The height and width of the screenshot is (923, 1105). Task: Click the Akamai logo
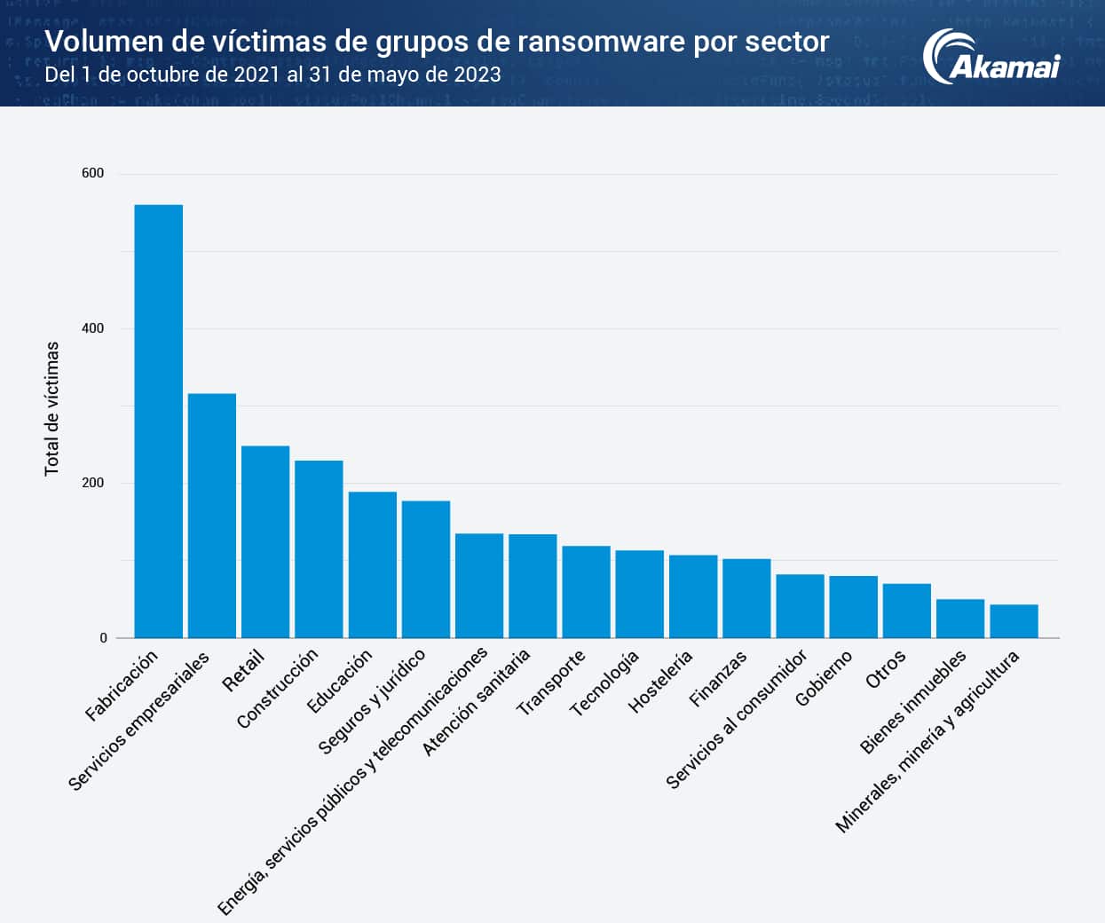click(991, 58)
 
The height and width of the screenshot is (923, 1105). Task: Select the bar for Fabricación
click(158, 422)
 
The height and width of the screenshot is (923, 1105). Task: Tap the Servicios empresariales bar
click(212, 516)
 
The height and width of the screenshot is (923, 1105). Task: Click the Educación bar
click(372, 564)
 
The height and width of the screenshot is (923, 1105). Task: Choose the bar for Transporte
click(586, 592)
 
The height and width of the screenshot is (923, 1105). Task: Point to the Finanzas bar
click(746, 598)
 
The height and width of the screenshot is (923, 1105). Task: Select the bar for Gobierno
click(853, 607)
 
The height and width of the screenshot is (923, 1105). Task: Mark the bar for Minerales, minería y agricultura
click(1014, 621)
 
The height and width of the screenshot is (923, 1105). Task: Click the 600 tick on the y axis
click(92, 173)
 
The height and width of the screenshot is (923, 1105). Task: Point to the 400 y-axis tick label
click(92, 328)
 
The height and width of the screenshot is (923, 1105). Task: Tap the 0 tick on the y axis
click(103, 638)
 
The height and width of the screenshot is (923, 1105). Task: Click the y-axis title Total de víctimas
click(52, 408)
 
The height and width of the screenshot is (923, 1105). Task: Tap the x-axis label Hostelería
click(660, 682)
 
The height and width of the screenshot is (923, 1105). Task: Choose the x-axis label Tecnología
click(604, 683)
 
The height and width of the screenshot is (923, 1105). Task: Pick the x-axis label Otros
click(886, 669)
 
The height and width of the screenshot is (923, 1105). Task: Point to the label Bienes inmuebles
click(913, 702)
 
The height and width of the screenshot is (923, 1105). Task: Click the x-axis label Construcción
click(278, 689)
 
